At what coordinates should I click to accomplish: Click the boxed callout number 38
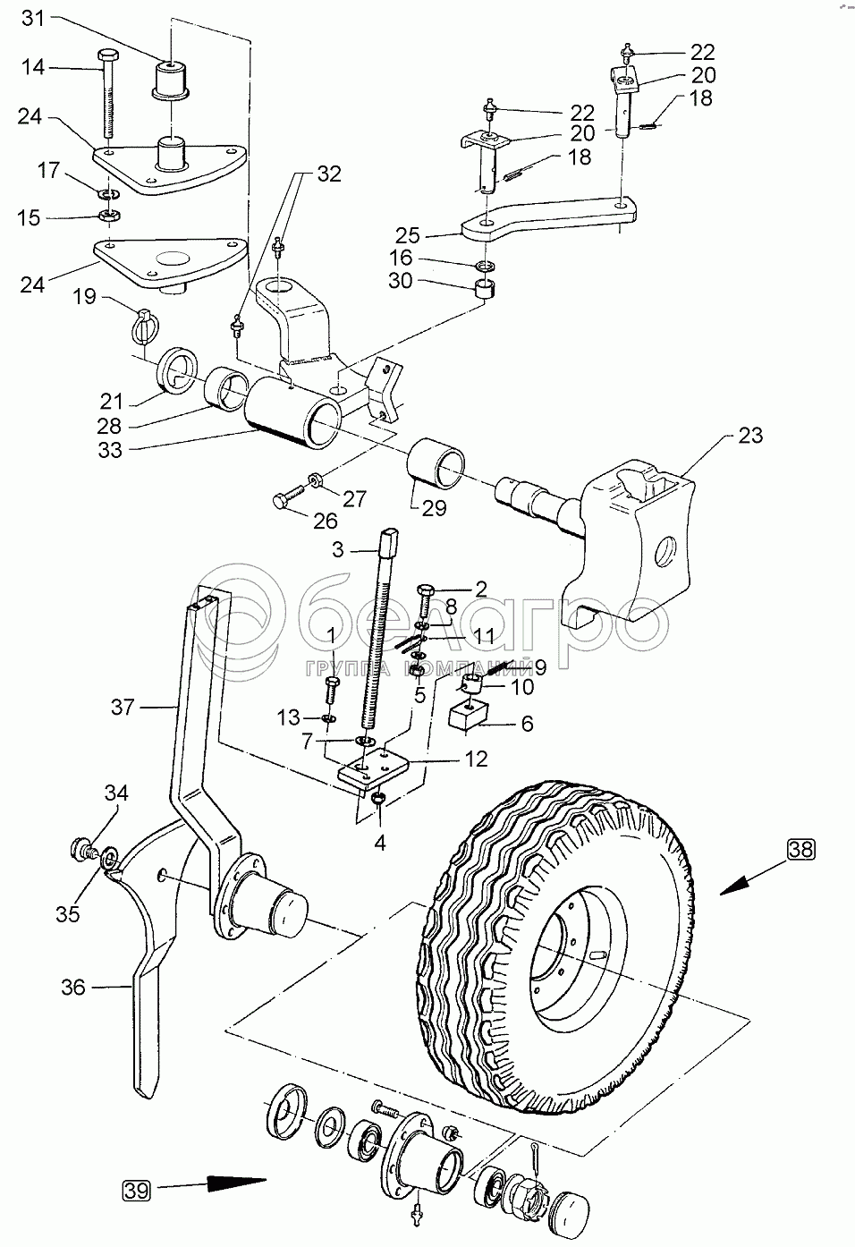(801, 848)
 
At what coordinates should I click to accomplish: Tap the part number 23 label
(750, 436)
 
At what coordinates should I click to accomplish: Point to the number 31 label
(32, 18)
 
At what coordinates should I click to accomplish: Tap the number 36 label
(73, 987)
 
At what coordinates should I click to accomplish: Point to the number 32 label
(329, 174)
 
